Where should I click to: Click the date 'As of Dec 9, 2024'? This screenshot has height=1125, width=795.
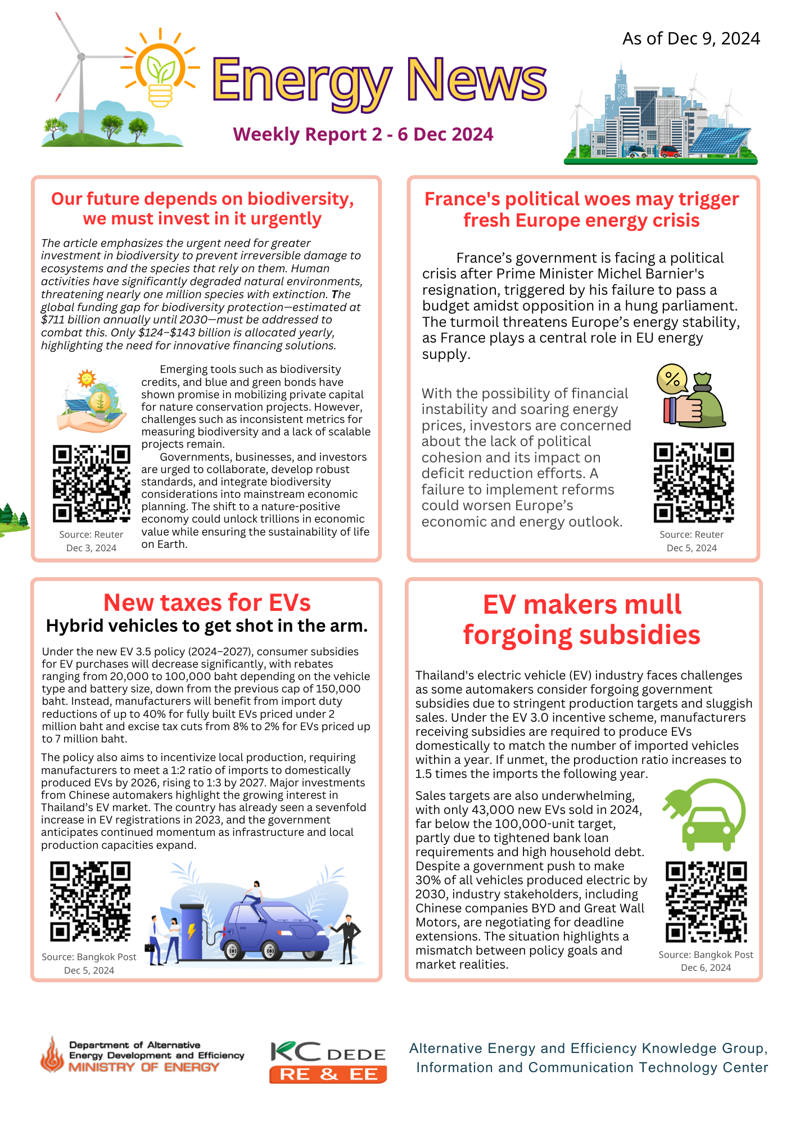pyautogui.click(x=691, y=38)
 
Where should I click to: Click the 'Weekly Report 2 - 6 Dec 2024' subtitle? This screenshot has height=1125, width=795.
pyautogui.click(x=363, y=134)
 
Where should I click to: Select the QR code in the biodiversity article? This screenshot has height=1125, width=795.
pyautogui.click(x=91, y=483)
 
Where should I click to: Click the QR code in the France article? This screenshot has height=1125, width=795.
pyautogui.click(x=694, y=482)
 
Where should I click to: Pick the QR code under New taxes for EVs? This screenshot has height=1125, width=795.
pyautogui.click(x=90, y=902)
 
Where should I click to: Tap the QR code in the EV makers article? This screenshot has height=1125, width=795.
pyautogui.click(x=706, y=902)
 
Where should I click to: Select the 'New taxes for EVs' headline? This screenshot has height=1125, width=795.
pyautogui.click(x=207, y=602)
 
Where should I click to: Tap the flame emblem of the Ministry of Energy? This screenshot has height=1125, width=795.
pyautogui.click(x=52, y=1055)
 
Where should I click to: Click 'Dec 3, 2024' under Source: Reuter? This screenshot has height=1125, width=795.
pyautogui.click(x=91, y=548)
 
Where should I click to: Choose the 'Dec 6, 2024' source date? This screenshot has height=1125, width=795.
pyautogui.click(x=706, y=967)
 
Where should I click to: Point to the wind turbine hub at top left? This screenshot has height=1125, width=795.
pyautogui.click(x=82, y=56)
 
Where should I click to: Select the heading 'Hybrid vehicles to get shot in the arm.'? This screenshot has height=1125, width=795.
pyautogui.click(x=207, y=626)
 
